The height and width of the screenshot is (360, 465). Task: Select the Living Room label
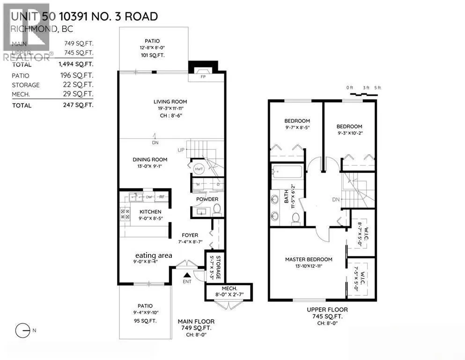pyautogui.click(x=170, y=102)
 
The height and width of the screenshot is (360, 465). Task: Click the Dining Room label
pyautogui.click(x=150, y=159)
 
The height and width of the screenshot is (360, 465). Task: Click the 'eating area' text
pyautogui.click(x=154, y=255)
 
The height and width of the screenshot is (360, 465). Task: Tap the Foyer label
pyautogui.click(x=190, y=235)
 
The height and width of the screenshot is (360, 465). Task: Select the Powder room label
pyautogui.click(x=207, y=199)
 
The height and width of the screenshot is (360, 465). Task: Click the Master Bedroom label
pyautogui.click(x=309, y=259)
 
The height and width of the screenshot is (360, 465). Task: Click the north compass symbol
pyautogui.click(x=22, y=331)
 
